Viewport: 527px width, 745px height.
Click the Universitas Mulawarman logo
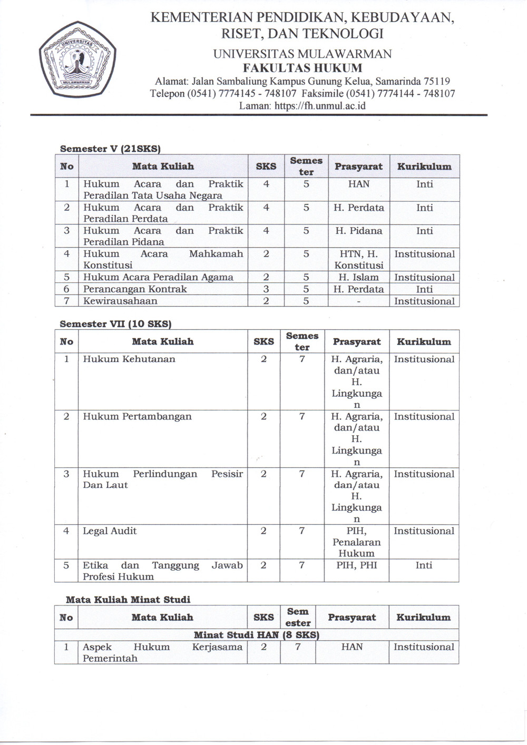77,60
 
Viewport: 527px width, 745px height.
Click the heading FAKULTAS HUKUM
302,68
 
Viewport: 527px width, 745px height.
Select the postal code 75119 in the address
437,81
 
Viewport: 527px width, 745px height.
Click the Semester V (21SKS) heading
110,149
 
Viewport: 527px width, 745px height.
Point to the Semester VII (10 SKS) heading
115,324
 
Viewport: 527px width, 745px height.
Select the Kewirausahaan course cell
120,301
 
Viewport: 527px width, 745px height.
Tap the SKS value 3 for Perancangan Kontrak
266,289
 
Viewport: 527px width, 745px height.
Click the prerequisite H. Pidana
358,231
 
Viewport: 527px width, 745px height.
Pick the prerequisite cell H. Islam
358,277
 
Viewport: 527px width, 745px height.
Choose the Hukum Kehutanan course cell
129,359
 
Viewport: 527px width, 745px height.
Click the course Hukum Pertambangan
137,417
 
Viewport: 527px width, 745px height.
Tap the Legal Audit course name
110,531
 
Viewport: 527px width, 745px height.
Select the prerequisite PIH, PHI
357,565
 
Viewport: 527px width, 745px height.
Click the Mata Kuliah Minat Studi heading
128,600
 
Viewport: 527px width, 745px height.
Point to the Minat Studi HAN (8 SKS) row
257,635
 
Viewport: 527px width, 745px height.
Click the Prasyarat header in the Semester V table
358,166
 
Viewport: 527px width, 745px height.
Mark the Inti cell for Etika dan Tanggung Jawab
424,565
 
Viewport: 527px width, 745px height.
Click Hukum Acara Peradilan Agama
158,277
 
